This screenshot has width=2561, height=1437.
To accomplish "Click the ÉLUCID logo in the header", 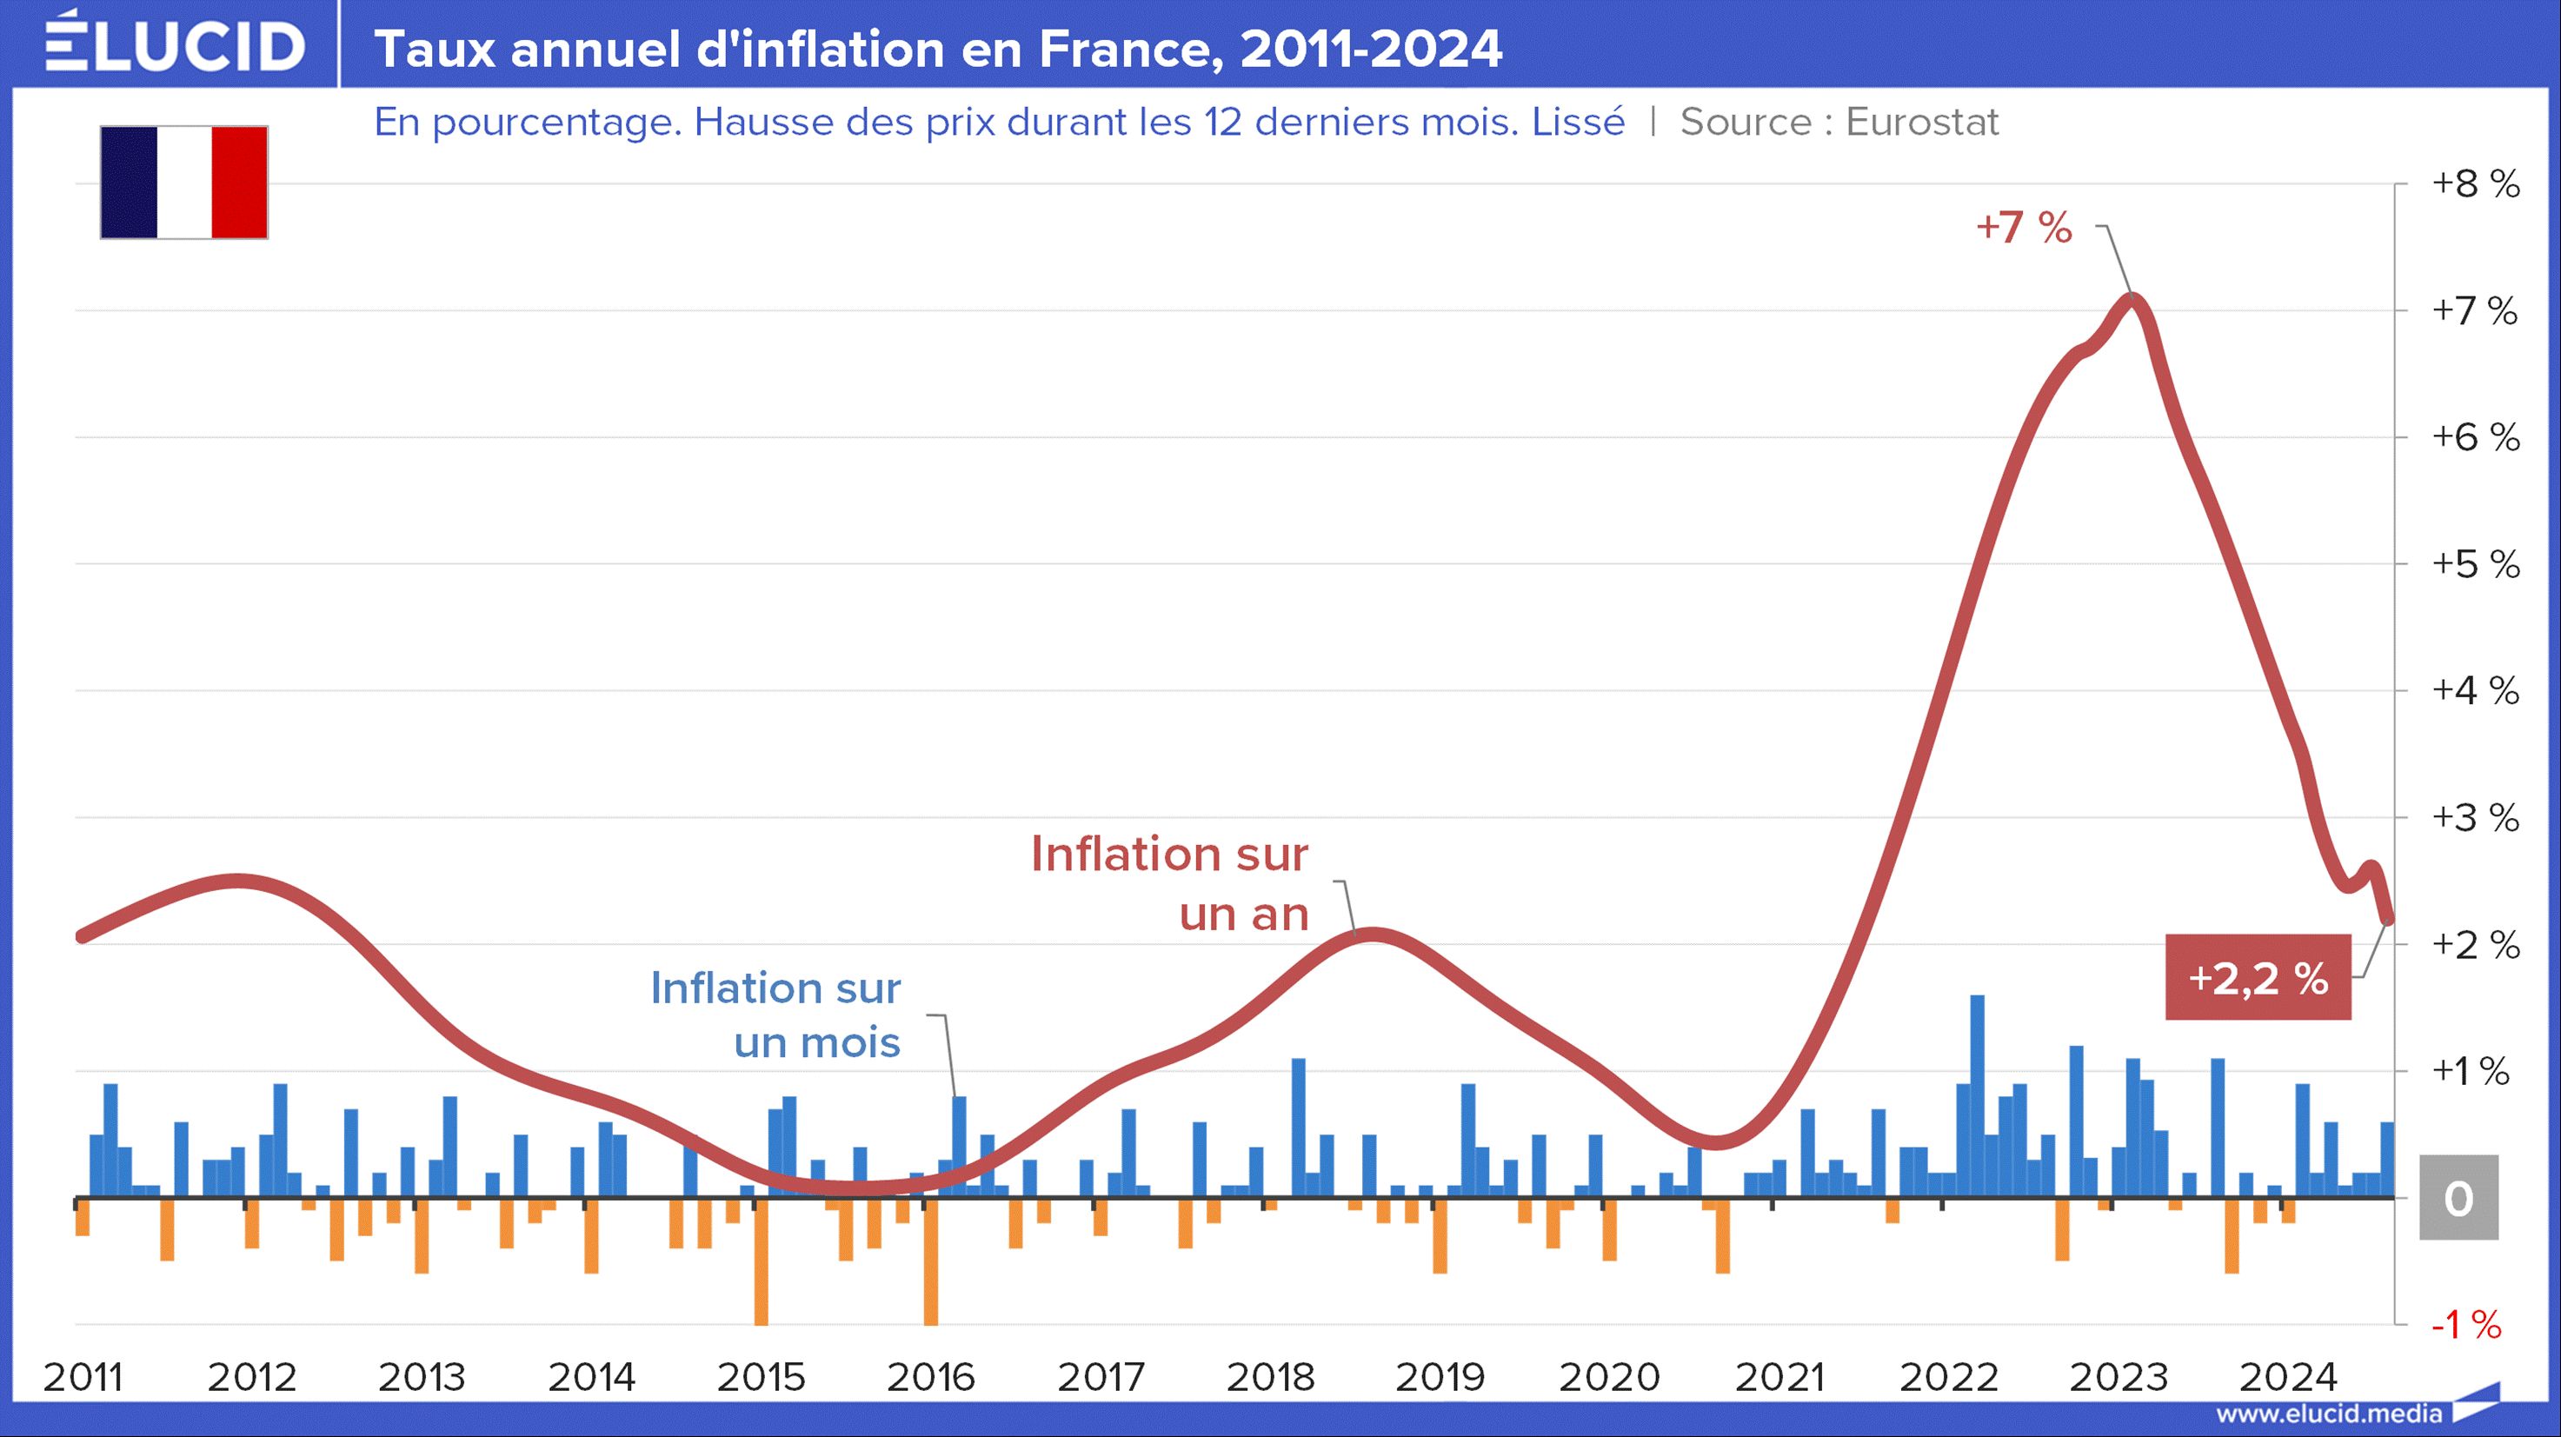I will coord(175,43).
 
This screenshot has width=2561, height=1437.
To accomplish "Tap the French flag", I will coord(184,182).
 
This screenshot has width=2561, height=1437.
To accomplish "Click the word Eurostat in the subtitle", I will coord(1922,123).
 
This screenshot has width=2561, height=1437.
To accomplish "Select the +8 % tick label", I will coord(2475,184).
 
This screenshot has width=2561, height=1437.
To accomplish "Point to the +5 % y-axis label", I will coord(2475,565).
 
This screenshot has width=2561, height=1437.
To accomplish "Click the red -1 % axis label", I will coord(2465,1325).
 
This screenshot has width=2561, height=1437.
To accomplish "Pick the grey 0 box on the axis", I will coord(2458,1198).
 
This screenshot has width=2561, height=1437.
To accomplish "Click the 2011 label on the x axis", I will coord(83,1377).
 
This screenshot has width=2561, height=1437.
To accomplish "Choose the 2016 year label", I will coord(930,1377).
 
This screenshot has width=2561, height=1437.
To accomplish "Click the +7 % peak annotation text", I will coord(2024,228).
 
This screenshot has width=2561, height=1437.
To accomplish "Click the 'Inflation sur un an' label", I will coord(1170,884).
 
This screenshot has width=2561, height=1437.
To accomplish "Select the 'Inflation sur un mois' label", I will coord(776,1015).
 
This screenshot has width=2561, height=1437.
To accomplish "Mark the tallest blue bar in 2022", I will coord(1978,1094).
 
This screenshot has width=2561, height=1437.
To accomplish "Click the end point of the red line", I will coord(2387,920).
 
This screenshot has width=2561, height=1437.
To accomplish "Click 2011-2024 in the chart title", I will coord(1371,48).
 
